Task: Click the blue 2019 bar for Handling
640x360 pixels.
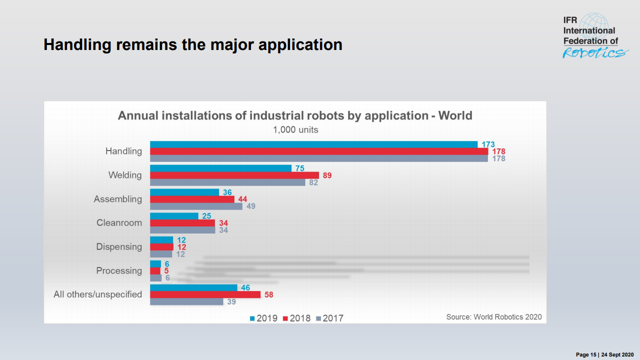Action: [313, 144]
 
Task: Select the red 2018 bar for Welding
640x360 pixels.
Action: [234, 175]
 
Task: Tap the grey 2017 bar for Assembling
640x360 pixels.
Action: [196, 206]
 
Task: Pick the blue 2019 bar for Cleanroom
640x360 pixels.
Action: [174, 216]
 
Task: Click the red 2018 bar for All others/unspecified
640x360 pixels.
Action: [205, 294]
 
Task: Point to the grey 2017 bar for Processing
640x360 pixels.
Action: [155, 278]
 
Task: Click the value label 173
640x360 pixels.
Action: [488, 144]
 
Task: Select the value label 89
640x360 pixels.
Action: [327, 175]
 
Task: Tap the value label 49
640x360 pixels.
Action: [250, 206]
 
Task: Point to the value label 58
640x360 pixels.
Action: [268, 294]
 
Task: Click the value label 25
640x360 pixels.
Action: [206, 216]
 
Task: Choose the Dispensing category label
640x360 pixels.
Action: [119, 247]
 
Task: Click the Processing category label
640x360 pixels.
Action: [119, 270]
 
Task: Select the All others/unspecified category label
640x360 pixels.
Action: [97, 294]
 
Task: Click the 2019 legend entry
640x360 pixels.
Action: [263, 318]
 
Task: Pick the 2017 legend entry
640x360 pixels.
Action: [329, 318]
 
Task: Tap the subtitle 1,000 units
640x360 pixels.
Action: [295, 129]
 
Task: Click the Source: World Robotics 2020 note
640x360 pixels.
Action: [493, 316]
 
